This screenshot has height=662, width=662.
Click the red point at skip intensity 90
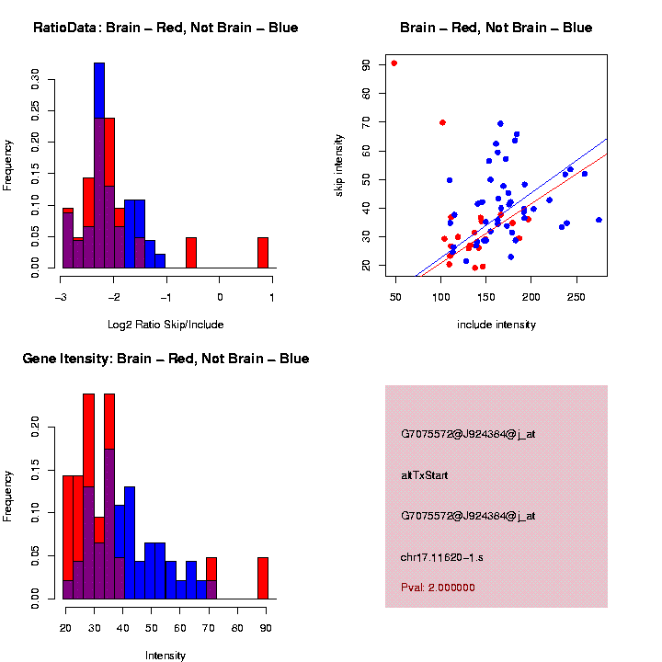(x=394, y=63)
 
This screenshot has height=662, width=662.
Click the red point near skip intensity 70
(x=442, y=122)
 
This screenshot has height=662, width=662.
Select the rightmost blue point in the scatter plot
(x=599, y=220)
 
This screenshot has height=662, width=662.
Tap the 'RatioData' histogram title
(x=165, y=28)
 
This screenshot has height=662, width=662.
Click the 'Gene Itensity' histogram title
(x=165, y=359)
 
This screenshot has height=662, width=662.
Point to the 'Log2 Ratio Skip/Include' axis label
(x=166, y=324)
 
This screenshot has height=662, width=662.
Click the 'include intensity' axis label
(x=496, y=325)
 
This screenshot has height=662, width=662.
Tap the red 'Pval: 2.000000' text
(x=438, y=587)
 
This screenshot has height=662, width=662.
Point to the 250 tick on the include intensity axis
(x=576, y=297)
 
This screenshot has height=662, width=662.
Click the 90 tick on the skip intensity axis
(x=367, y=64)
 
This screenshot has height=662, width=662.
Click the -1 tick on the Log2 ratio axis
(x=167, y=297)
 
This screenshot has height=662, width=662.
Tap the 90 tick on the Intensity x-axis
(x=267, y=628)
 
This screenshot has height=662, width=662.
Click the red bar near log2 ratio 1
(x=263, y=253)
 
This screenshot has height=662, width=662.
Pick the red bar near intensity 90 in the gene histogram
(x=263, y=578)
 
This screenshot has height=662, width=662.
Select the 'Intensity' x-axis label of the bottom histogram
(x=165, y=656)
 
